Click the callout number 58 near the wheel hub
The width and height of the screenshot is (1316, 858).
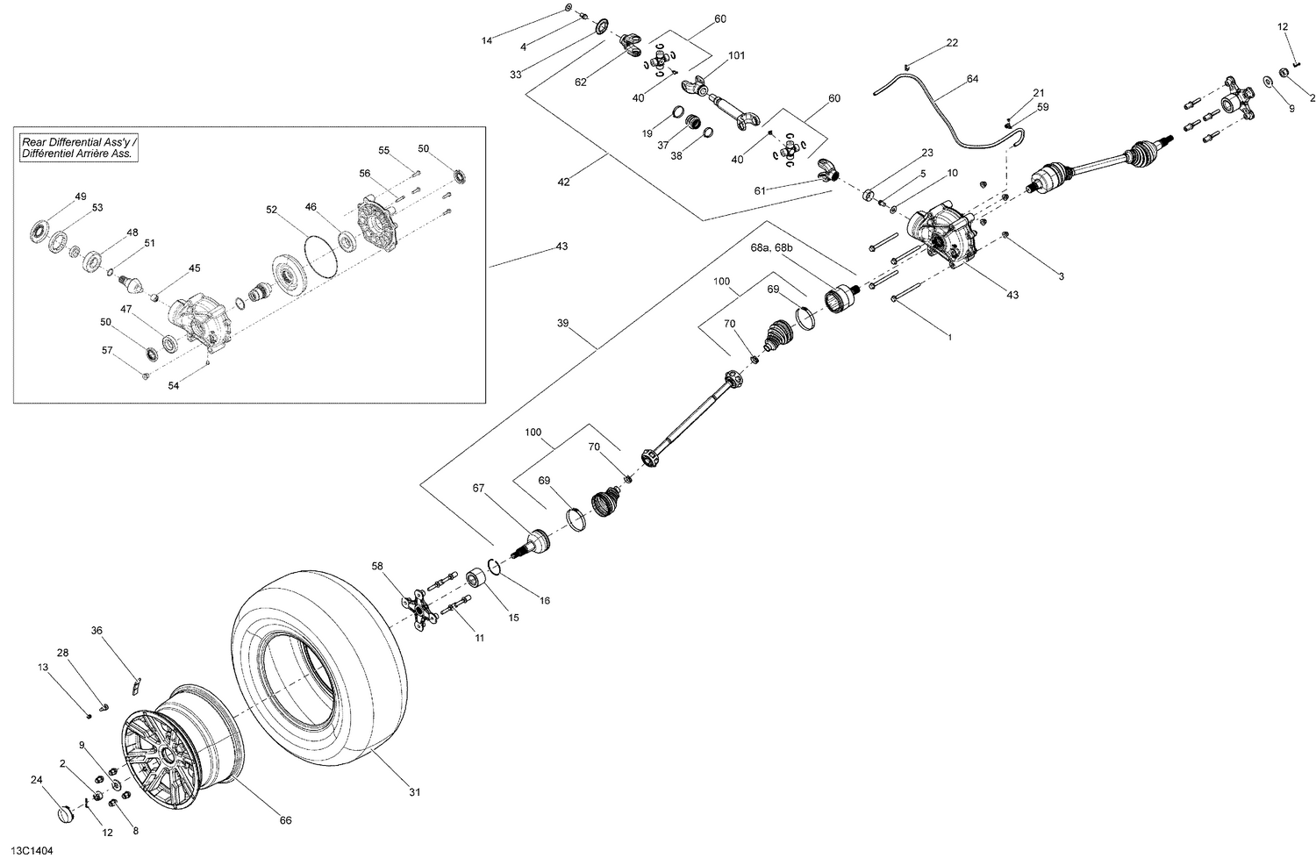(x=377, y=567)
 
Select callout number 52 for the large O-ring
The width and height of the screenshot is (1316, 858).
(x=271, y=210)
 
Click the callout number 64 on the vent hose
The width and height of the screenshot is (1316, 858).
(x=972, y=79)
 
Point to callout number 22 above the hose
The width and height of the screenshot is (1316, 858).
(x=952, y=43)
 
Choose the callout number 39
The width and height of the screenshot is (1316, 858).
(x=562, y=324)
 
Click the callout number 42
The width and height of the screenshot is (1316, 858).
(x=562, y=182)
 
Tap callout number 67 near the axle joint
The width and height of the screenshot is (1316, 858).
(x=478, y=489)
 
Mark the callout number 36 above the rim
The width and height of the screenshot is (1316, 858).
(x=97, y=630)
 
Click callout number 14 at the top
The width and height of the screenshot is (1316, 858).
(x=487, y=40)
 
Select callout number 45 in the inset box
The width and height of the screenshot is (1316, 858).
(x=194, y=268)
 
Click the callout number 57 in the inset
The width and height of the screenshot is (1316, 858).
(x=107, y=350)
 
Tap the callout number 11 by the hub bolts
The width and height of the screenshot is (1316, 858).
(x=479, y=638)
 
